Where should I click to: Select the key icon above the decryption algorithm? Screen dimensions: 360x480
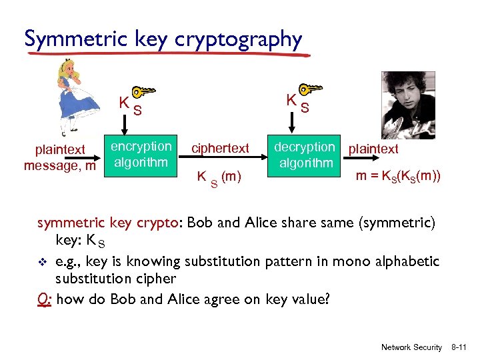tap(309, 90)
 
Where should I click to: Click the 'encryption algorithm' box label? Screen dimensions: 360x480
tap(141, 154)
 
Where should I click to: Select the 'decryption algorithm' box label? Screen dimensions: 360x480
tap(305, 155)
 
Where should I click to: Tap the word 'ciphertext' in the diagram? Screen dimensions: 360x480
tap(221, 148)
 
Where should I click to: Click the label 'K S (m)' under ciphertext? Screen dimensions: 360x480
tap(219, 177)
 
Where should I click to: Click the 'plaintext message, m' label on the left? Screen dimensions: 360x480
tap(60, 157)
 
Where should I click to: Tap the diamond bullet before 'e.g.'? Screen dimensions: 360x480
tap(43, 261)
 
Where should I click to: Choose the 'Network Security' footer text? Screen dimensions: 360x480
tap(411, 347)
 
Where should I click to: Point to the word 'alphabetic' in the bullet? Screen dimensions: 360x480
tap(409, 261)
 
